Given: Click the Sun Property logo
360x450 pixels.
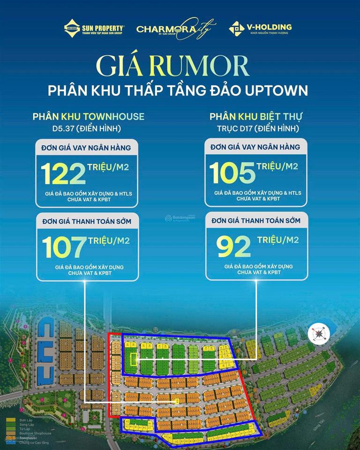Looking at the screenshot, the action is (94, 28).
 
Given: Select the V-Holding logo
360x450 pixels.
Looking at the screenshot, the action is (260, 28).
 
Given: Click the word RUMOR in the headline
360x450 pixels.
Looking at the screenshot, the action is (208, 67).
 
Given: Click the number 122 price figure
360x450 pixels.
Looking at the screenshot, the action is (63, 173).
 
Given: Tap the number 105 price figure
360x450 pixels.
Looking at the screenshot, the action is (232, 173).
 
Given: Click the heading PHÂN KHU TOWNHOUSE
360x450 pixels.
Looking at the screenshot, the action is (88, 116).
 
